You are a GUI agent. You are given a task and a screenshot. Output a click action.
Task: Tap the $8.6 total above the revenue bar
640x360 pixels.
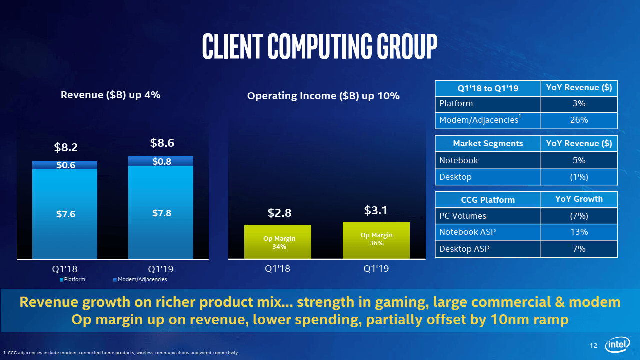(x=162, y=143)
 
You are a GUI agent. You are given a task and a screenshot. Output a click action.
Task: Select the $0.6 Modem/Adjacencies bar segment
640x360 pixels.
(x=65, y=165)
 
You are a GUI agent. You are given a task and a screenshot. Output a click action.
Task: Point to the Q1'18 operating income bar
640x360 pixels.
(x=278, y=242)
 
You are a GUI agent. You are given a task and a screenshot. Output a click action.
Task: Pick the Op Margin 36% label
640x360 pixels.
(x=376, y=239)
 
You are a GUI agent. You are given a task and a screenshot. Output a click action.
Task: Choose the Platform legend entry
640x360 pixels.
(x=72, y=279)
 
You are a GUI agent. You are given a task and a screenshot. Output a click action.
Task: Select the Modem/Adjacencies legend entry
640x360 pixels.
(x=140, y=279)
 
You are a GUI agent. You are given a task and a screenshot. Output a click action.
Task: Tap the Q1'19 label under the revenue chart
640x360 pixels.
(x=161, y=268)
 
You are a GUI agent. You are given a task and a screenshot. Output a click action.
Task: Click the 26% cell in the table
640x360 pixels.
(x=579, y=120)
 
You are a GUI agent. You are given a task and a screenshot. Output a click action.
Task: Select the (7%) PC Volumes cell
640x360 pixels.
(x=579, y=216)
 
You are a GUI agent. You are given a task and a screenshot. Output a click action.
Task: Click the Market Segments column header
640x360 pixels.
(x=488, y=144)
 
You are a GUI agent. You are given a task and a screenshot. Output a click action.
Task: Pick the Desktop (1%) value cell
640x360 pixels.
(x=579, y=177)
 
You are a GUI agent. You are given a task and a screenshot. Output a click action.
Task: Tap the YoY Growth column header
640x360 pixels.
(x=579, y=199)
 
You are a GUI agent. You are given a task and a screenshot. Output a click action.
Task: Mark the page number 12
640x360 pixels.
(x=594, y=346)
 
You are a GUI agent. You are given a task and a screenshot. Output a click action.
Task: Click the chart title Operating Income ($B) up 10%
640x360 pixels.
(x=323, y=96)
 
